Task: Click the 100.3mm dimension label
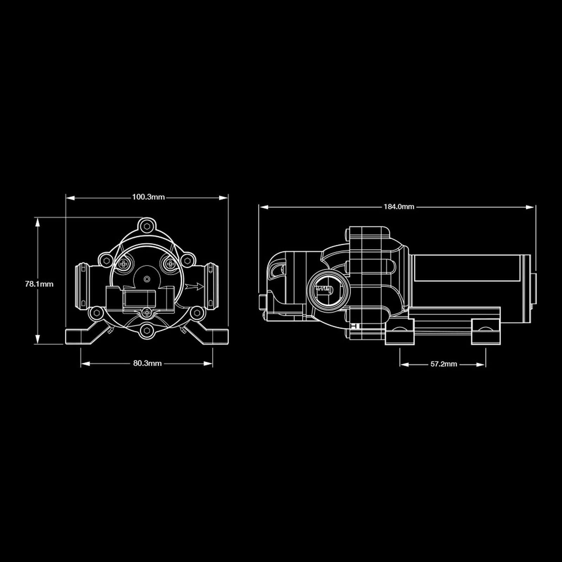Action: pyautogui.click(x=148, y=197)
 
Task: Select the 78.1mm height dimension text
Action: pyautogui.click(x=39, y=284)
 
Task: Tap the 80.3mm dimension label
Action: pyautogui.click(x=147, y=363)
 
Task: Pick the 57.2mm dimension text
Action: pyautogui.click(x=444, y=364)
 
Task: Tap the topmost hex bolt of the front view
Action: pyautogui.click(x=146, y=225)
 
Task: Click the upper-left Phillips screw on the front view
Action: pyautogui.click(x=124, y=264)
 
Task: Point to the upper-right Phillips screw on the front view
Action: pyautogui.click(x=170, y=263)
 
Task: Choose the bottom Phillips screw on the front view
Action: pyautogui.click(x=147, y=312)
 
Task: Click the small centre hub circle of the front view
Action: pyautogui.click(x=147, y=279)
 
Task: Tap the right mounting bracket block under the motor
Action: pyautogui.click(x=485, y=332)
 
